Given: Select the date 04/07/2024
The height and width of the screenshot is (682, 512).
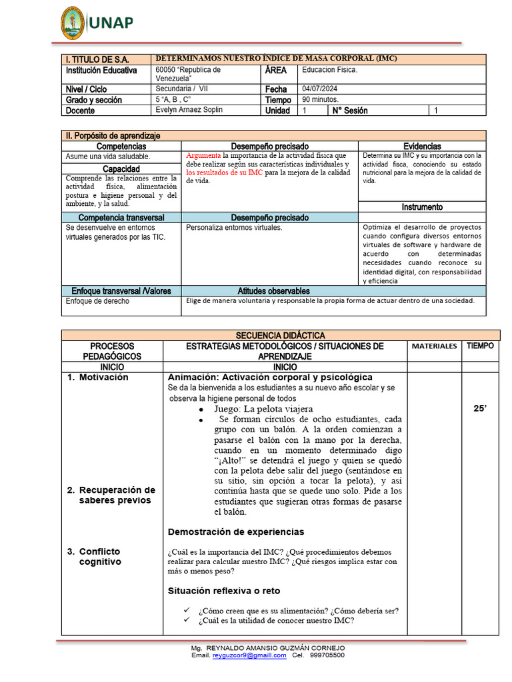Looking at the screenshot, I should point(321,89).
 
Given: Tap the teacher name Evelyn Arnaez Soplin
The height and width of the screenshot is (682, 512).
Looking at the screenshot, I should point(189,110).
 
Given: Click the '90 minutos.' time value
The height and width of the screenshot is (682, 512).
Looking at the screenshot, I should point(321,100).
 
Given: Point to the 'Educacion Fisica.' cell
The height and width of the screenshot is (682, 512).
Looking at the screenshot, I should point(330,70).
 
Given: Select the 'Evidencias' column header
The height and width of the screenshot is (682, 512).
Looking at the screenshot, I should point(422,146).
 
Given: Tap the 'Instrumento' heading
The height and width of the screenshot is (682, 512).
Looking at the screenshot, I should point(422,207).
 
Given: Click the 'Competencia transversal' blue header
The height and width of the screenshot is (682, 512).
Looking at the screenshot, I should point(121,218).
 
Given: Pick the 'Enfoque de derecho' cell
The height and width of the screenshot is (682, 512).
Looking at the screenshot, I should point(97,301).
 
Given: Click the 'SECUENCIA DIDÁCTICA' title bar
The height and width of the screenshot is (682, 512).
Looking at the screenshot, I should point(281,336).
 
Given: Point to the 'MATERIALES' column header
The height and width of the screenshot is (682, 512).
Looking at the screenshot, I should point(434,346).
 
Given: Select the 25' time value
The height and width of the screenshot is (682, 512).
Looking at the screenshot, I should point(480,408).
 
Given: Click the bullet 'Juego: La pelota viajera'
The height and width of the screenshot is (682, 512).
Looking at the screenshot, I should point(263,408).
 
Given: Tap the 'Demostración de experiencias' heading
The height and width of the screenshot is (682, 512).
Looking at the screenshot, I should point(236,531).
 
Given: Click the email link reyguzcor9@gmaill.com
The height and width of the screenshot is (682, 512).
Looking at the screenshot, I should point(249,655).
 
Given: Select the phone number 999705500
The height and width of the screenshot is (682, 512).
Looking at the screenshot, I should point(328,655).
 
